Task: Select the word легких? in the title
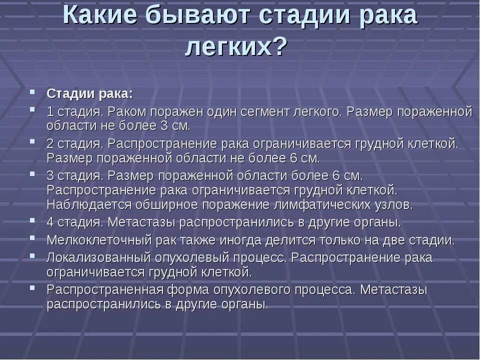point(236,47)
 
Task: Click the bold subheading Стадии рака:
point(90,94)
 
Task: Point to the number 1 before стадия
point(50,111)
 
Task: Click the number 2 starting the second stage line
point(50,143)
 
